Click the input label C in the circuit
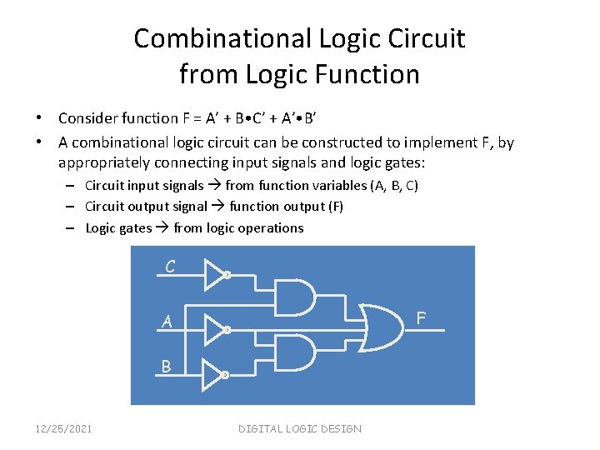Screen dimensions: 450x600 [170, 267]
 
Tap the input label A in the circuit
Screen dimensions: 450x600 [167, 322]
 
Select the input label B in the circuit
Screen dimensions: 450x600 [167, 366]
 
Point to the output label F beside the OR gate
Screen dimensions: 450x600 [421, 317]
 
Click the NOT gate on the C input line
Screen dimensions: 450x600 [215, 272]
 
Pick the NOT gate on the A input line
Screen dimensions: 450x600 [215, 328]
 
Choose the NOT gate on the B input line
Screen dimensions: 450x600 [215, 375]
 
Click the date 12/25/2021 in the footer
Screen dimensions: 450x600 [63, 428]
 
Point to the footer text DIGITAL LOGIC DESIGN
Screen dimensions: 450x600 [300, 428]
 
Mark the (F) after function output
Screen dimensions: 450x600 [333, 206]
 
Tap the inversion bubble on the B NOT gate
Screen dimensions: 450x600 [226, 375]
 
